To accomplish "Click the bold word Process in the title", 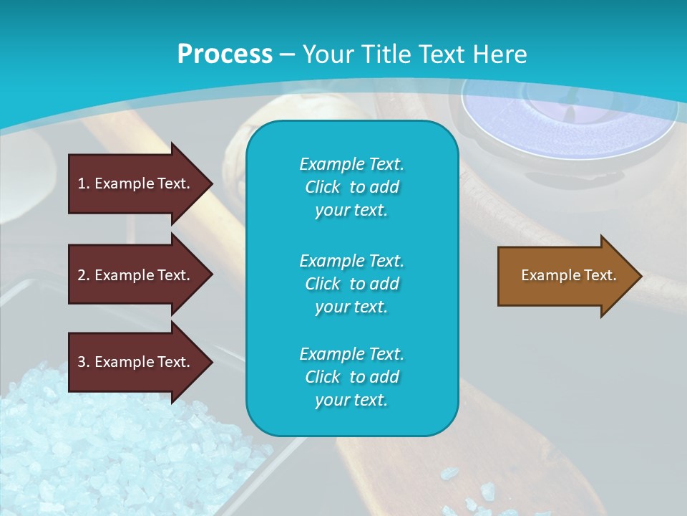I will coord(225,54).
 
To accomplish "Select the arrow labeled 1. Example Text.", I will coord(136,183).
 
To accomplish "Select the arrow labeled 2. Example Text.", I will coord(136,275).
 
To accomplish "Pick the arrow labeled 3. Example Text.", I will coord(136,362).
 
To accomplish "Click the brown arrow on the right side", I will coord(565,275).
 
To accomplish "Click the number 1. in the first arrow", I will coord(84,183).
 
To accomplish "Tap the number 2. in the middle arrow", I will coord(84,275).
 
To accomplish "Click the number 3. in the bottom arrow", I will coord(84,362).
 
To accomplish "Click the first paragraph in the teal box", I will coord(351,187).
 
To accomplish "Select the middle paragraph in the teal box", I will coord(351,283).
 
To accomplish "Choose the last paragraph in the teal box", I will coord(351,377).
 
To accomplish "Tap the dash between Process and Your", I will coord(287,54).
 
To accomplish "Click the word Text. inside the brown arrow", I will coord(600,275).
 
